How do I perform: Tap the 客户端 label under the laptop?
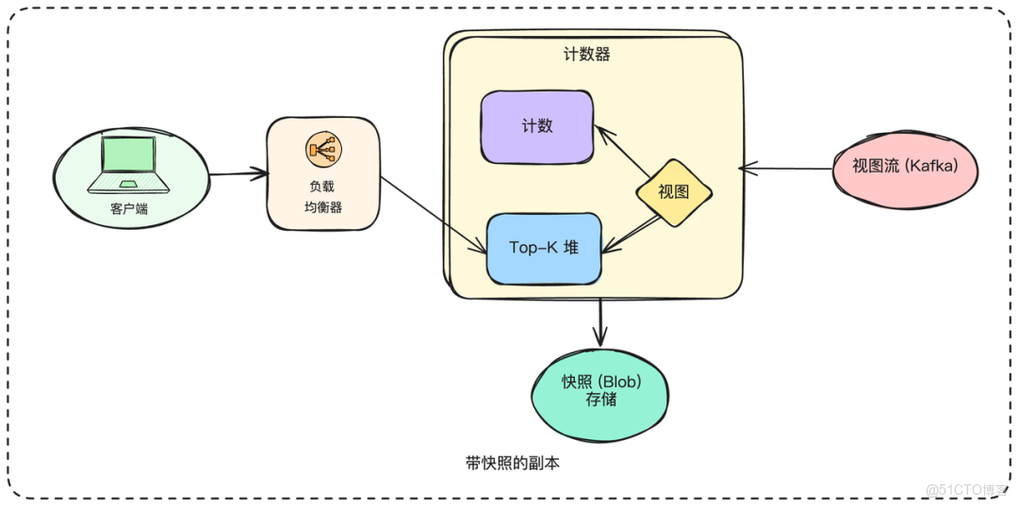pos(129,209)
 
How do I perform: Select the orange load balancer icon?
pos(323,149)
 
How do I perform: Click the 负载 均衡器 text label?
pos(323,197)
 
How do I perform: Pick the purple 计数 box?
pos(537,126)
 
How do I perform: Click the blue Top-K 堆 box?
pos(544,248)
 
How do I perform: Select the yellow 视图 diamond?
pos(673,192)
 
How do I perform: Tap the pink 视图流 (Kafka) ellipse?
pos(905,167)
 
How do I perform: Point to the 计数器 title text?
pos(587,55)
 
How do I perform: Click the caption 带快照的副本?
pos(512,464)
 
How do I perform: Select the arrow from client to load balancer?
pos(238,173)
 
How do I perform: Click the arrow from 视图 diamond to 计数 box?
pos(622,151)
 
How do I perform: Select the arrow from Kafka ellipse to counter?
pos(784,170)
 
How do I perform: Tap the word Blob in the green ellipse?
pos(620,382)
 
